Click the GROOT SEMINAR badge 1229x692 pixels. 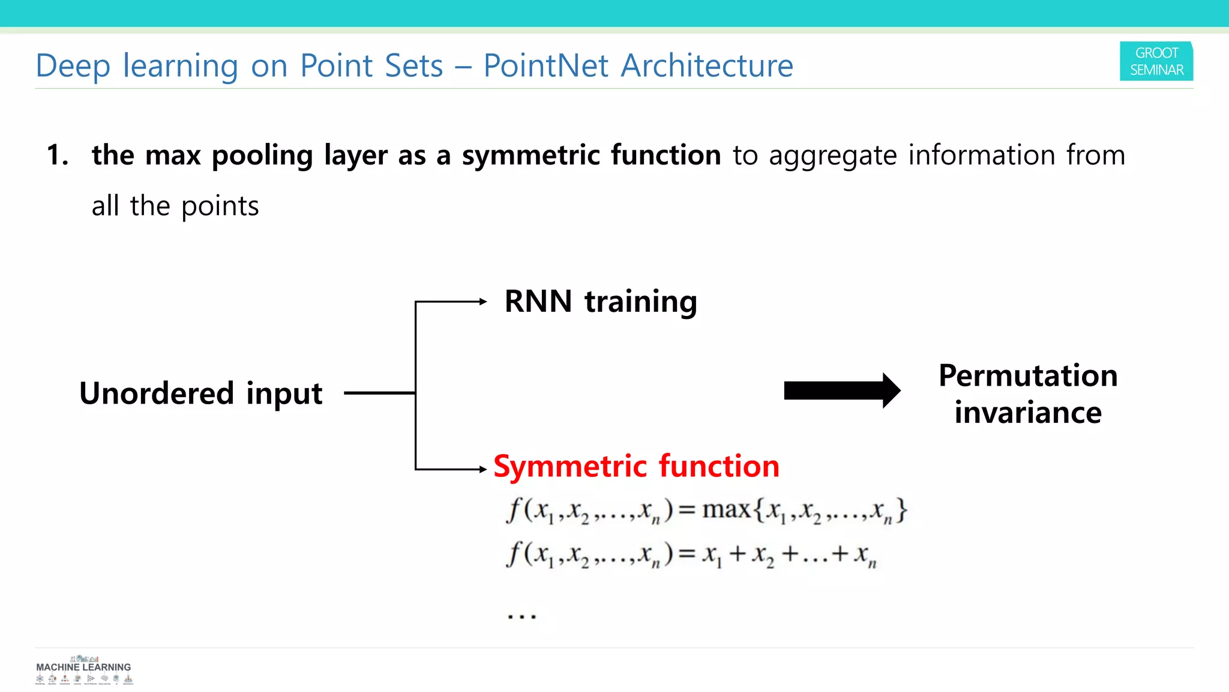[1156, 61]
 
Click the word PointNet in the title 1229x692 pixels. [545, 65]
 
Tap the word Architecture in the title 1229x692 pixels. [706, 65]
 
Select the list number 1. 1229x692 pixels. [57, 156]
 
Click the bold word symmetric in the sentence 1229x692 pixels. [530, 156]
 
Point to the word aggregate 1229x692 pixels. [832, 156]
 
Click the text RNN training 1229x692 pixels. [600, 302]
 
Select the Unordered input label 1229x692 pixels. [200, 393]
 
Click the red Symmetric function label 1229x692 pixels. [636, 466]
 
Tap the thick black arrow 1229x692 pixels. [841, 391]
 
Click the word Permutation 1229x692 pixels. [1027, 376]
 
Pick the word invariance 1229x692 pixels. [1027, 413]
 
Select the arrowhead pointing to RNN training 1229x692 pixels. [483, 302]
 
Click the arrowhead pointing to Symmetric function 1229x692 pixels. [483, 469]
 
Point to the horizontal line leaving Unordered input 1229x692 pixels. [379, 393]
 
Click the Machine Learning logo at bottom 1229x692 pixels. [83, 670]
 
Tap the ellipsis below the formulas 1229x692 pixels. [521, 616]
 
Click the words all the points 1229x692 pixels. [175, 206]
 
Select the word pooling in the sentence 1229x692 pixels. [262, 156]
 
